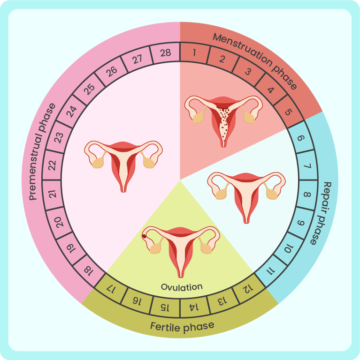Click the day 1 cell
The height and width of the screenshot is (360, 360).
(193, 53)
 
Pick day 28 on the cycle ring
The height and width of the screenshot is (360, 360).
(165, 53)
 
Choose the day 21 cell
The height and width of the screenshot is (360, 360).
(53, 193)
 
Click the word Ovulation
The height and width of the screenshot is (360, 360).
(182, 286)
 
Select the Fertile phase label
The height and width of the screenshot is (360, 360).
(182, 325)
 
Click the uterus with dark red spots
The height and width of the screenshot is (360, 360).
(223, 119)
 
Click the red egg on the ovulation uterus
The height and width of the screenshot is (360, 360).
(145, 236)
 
